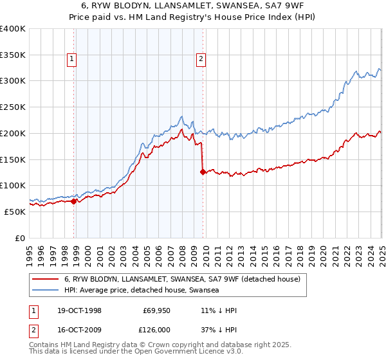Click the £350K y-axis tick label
pos(13,55)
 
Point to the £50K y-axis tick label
pos(15,212)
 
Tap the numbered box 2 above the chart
pos(201,59)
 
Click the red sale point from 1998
pos(74,201)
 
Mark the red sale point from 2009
pos(203,172)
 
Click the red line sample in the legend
pos(46,280)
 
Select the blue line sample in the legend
pos(46,290)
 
